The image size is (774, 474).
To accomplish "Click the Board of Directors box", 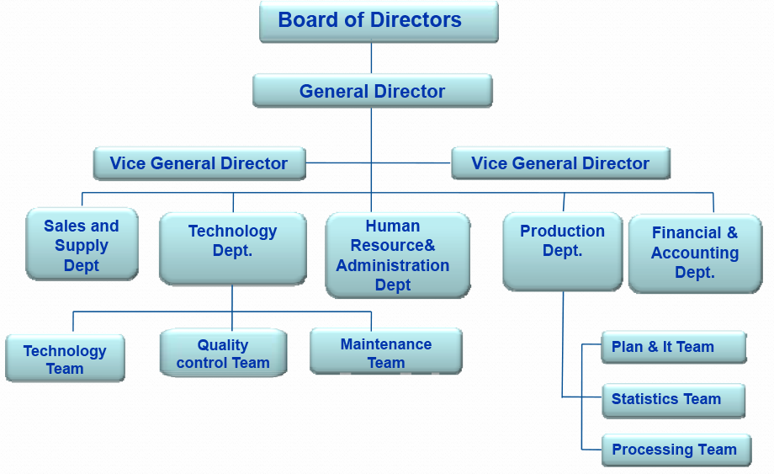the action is pyautogui.click(x=379, y=21).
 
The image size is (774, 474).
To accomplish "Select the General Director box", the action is pyautogui.click(x=372, y=91).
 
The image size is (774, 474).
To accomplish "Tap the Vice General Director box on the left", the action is pyautogui.click(x=199, y=163).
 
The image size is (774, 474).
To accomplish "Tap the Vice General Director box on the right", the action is pyautogui.click(x=561, y=163).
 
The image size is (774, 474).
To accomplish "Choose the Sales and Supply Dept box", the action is pyautogui.click(x=82, y=244).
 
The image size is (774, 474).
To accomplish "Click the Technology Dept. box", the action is pyautogui.click(x=232, y=249).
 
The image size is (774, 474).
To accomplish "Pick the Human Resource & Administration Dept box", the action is pyautogui.click(x=397, y=255).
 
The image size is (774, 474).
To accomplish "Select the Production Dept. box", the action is pyautogui.click(x=563, y=252).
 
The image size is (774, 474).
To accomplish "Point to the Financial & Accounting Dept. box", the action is pyautogui.click(x=695, y=253).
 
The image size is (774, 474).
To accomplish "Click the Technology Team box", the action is pyautogui.click(x=65, y=358).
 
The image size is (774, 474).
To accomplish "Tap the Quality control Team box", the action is pyautogui.click(x=223, y=353).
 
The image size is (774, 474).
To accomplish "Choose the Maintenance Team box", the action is pyautogui.click(x=386, y=351).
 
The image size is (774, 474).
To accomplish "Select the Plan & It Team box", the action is pyautogui.click(x=674, y=347).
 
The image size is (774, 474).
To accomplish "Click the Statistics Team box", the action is pyautogui.click(x=674, y=401).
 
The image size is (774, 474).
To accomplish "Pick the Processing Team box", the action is pyautogui.click(x=676, y=450).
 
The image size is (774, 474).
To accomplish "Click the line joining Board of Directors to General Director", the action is pyautogui.click(x=371, y=58).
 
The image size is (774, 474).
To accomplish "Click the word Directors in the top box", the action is pyautogui.click(x=416, y=19).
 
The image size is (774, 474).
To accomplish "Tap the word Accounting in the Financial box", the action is pyautogui.click(x=695, y=253).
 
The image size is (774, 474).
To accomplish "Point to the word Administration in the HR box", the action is pyautogui.click(x=393, y=265).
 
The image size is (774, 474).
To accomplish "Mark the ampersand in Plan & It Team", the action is pyautogui.click(x=653, y=347).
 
